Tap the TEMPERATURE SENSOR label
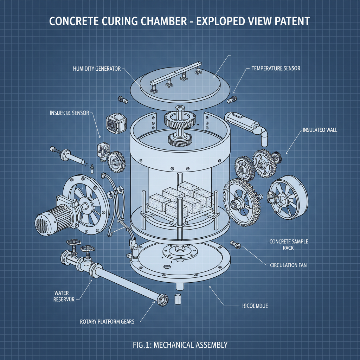276,68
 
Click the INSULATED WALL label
320,130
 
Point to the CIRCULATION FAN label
288,265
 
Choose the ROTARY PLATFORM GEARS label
107,321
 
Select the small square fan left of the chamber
115,123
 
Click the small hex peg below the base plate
178,299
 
